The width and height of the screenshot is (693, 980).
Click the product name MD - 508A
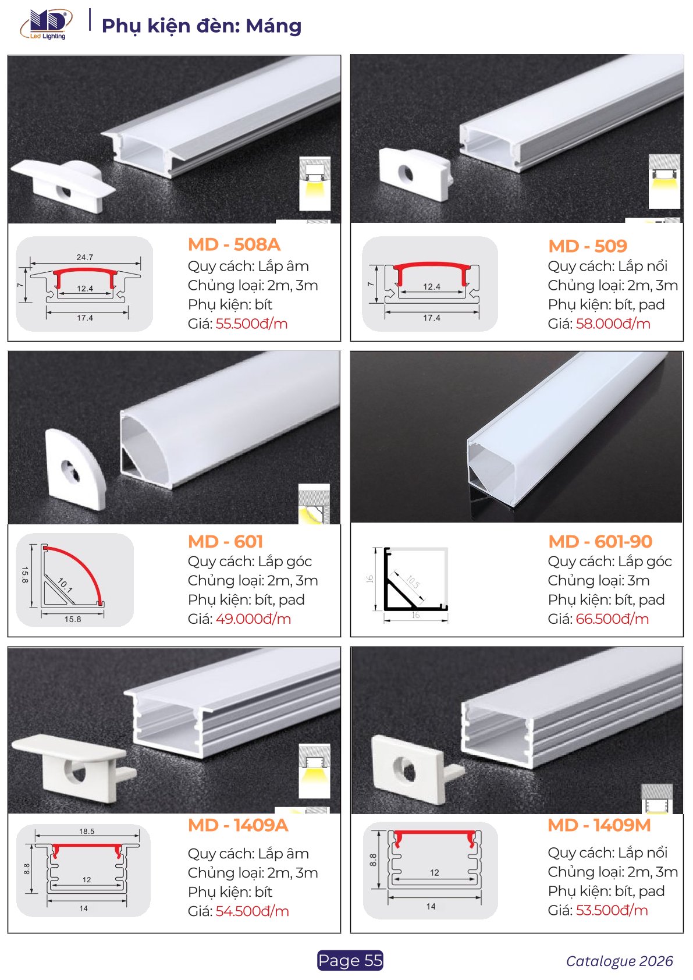coord(234,244)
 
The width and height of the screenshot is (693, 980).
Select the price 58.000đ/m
coord(613,324)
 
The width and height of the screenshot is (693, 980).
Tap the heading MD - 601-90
coord(600,542)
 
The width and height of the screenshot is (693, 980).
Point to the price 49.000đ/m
coord(253,619)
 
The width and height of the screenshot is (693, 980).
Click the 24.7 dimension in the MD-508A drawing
coord(85,257)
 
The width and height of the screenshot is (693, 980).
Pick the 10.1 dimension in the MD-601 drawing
coord(65,584)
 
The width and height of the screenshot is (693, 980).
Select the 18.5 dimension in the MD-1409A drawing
coord(87,831)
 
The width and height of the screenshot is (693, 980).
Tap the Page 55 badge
coord(350,960)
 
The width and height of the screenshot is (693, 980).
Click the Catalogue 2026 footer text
coord(619,961)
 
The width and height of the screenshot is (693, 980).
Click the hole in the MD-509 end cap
coord(407,173)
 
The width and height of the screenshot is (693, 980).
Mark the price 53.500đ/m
coord(612,910)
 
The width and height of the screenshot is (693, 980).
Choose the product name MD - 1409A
coord(238,825)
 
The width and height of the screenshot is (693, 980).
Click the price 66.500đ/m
coord(612,619)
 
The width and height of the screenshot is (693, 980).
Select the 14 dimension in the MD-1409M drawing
coord(431,907)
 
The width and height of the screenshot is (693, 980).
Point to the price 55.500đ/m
coord(251,324)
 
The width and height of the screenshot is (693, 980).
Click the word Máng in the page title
coord(274,26)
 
